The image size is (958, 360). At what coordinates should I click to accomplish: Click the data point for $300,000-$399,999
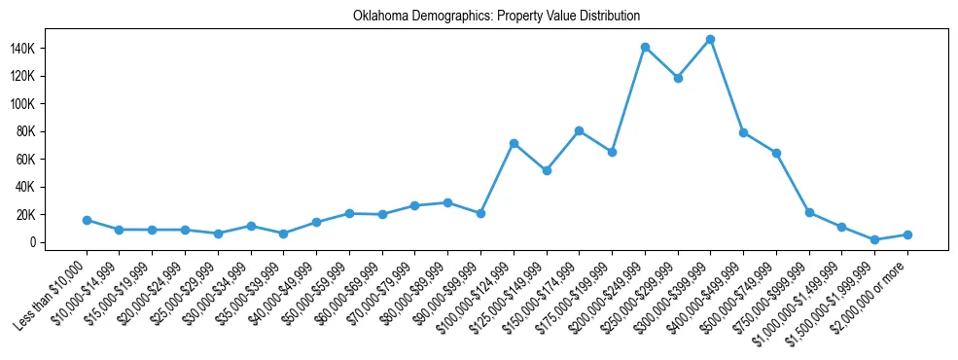click(710, 40)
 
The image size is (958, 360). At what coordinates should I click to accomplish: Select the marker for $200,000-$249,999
click(645, 47)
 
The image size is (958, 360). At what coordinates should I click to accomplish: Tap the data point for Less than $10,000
click(87, 220)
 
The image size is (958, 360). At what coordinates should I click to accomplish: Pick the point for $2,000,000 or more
click(907, 234)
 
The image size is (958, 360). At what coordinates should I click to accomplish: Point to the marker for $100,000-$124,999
click(514, 143)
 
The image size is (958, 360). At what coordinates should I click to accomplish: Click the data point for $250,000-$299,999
click(678, 78)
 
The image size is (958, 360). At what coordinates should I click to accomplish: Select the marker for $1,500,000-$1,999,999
click(874, 239)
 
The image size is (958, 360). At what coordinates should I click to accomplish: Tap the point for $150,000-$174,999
click(579, 130)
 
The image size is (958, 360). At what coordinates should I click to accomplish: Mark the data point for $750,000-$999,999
click(809, 212)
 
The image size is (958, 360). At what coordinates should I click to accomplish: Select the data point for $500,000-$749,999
click(776, 153)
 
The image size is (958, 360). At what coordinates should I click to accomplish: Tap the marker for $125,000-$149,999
click(547, 170)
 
